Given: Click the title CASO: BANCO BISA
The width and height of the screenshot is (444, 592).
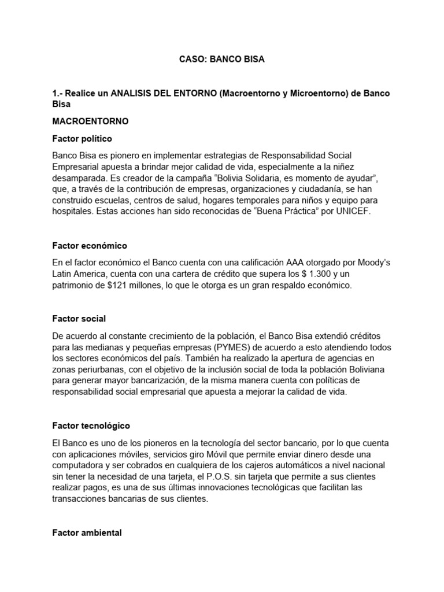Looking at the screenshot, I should click(221, 60).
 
